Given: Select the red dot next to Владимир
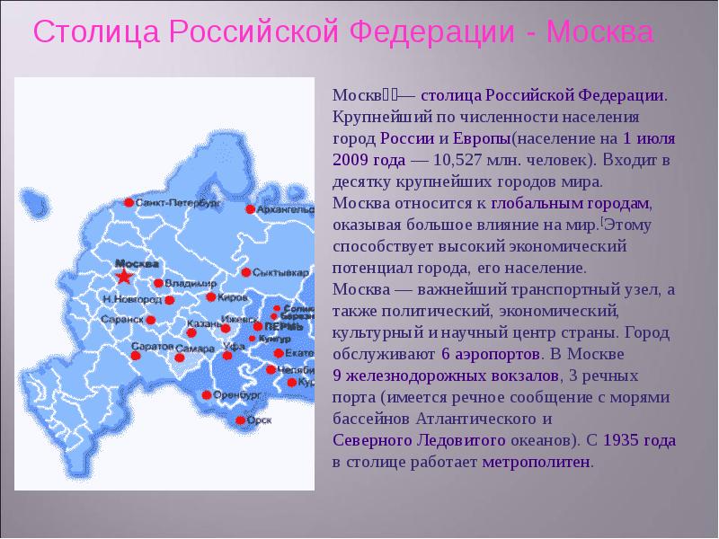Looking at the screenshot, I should tap(158, 283).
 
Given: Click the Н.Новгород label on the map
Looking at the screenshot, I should tap(132, 298).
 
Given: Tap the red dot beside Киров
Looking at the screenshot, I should tap(210, 296).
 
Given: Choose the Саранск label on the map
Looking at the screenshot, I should tap(124, 319).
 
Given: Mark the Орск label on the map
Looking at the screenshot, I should tap(260, 420).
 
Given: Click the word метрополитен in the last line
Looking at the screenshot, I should tap(537, 462).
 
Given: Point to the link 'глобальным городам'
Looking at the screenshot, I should tap(571, 204).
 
